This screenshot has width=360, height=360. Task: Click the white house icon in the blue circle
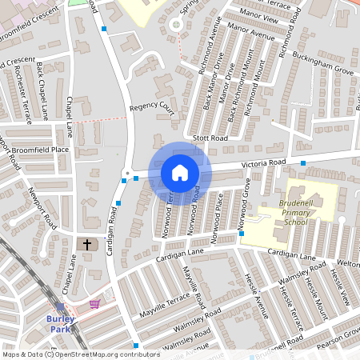point(180,173)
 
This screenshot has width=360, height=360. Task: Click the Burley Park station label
point(61,324)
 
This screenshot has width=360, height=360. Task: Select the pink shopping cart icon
point(95,304)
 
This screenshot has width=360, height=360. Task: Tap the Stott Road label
point(211,138)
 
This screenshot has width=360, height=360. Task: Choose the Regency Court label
point(151,106)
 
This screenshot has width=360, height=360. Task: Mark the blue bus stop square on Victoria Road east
point(303,163)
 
